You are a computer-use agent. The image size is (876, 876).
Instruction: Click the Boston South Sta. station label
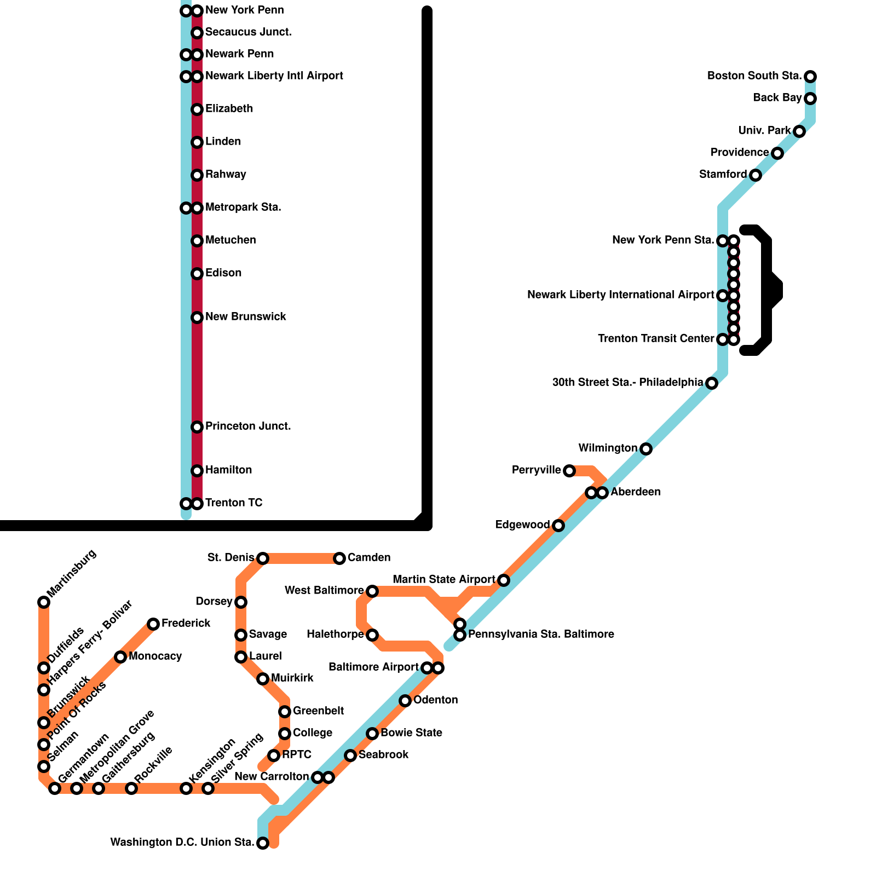tap(754, 76)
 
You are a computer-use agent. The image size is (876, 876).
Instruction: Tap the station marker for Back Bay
tap(810, 99)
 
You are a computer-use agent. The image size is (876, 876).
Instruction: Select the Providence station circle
tap(777, 153)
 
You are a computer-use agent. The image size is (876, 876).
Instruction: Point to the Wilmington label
tap(608, 448)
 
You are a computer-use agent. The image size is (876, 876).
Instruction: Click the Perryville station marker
tap(569, 471)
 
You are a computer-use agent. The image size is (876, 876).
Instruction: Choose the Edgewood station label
tap(522, 525)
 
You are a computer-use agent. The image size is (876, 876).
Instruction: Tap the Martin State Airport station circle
tap(504, 580)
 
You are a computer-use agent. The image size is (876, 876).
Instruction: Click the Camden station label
tap(369, 558)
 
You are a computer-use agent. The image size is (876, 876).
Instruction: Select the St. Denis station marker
tap(263, 558)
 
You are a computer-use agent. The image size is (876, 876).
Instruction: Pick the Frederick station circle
tap(153, 624)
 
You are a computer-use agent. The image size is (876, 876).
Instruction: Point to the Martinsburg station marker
tap(44, 602)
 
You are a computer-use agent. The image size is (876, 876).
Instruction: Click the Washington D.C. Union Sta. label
tap(182, 843)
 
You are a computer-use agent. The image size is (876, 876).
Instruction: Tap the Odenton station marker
tap(405, 701)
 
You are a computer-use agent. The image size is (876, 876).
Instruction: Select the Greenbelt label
tap(318, 711)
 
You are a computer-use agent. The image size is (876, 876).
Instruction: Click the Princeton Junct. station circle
tap(197, 427)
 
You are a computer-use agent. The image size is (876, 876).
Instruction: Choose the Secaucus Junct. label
tap(248, 32)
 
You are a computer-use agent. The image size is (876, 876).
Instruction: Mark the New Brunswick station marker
tap(197, 318)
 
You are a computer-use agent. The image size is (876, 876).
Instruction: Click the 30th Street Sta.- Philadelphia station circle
tap(712, 383)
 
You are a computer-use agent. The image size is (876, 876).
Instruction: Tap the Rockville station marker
tap(131, 788)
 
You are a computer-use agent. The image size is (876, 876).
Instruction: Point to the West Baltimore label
tap(324, 591)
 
